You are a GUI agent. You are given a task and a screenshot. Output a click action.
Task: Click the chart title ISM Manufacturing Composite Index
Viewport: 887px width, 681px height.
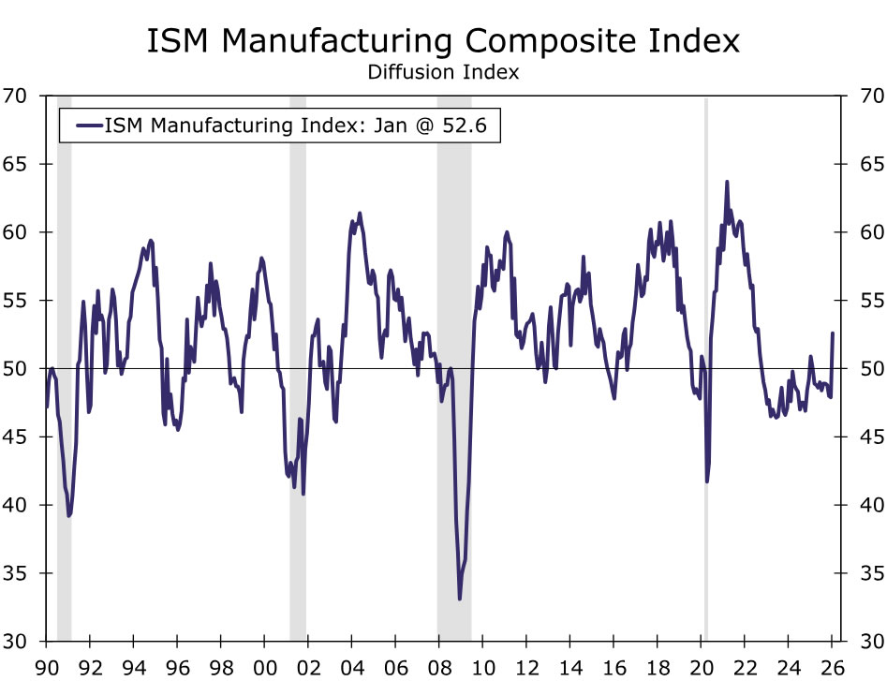443,42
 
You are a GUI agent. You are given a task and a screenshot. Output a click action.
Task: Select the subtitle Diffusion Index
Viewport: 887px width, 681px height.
443,72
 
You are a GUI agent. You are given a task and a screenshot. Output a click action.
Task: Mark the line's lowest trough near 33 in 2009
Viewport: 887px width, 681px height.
460,599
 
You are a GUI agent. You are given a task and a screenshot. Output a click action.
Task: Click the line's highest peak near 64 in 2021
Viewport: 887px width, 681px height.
727,182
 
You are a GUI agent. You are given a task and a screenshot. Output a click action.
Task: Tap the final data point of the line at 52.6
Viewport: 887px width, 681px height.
833,333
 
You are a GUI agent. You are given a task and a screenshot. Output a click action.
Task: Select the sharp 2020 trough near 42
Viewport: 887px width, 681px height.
707,481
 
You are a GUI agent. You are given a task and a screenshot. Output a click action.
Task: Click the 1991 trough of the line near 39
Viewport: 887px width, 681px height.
69,515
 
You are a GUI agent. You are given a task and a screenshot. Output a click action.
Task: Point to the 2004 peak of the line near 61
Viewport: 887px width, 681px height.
360,213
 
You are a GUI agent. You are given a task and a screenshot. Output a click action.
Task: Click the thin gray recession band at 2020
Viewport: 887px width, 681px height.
705,375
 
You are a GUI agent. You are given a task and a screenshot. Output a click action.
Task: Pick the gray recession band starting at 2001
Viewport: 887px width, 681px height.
298,375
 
